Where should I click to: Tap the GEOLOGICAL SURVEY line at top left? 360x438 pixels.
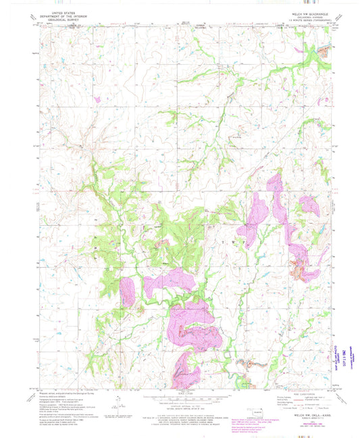coord(61,20)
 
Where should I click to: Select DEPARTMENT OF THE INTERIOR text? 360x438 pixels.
coord(61,17)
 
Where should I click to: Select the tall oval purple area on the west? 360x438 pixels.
coord(127,291)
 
